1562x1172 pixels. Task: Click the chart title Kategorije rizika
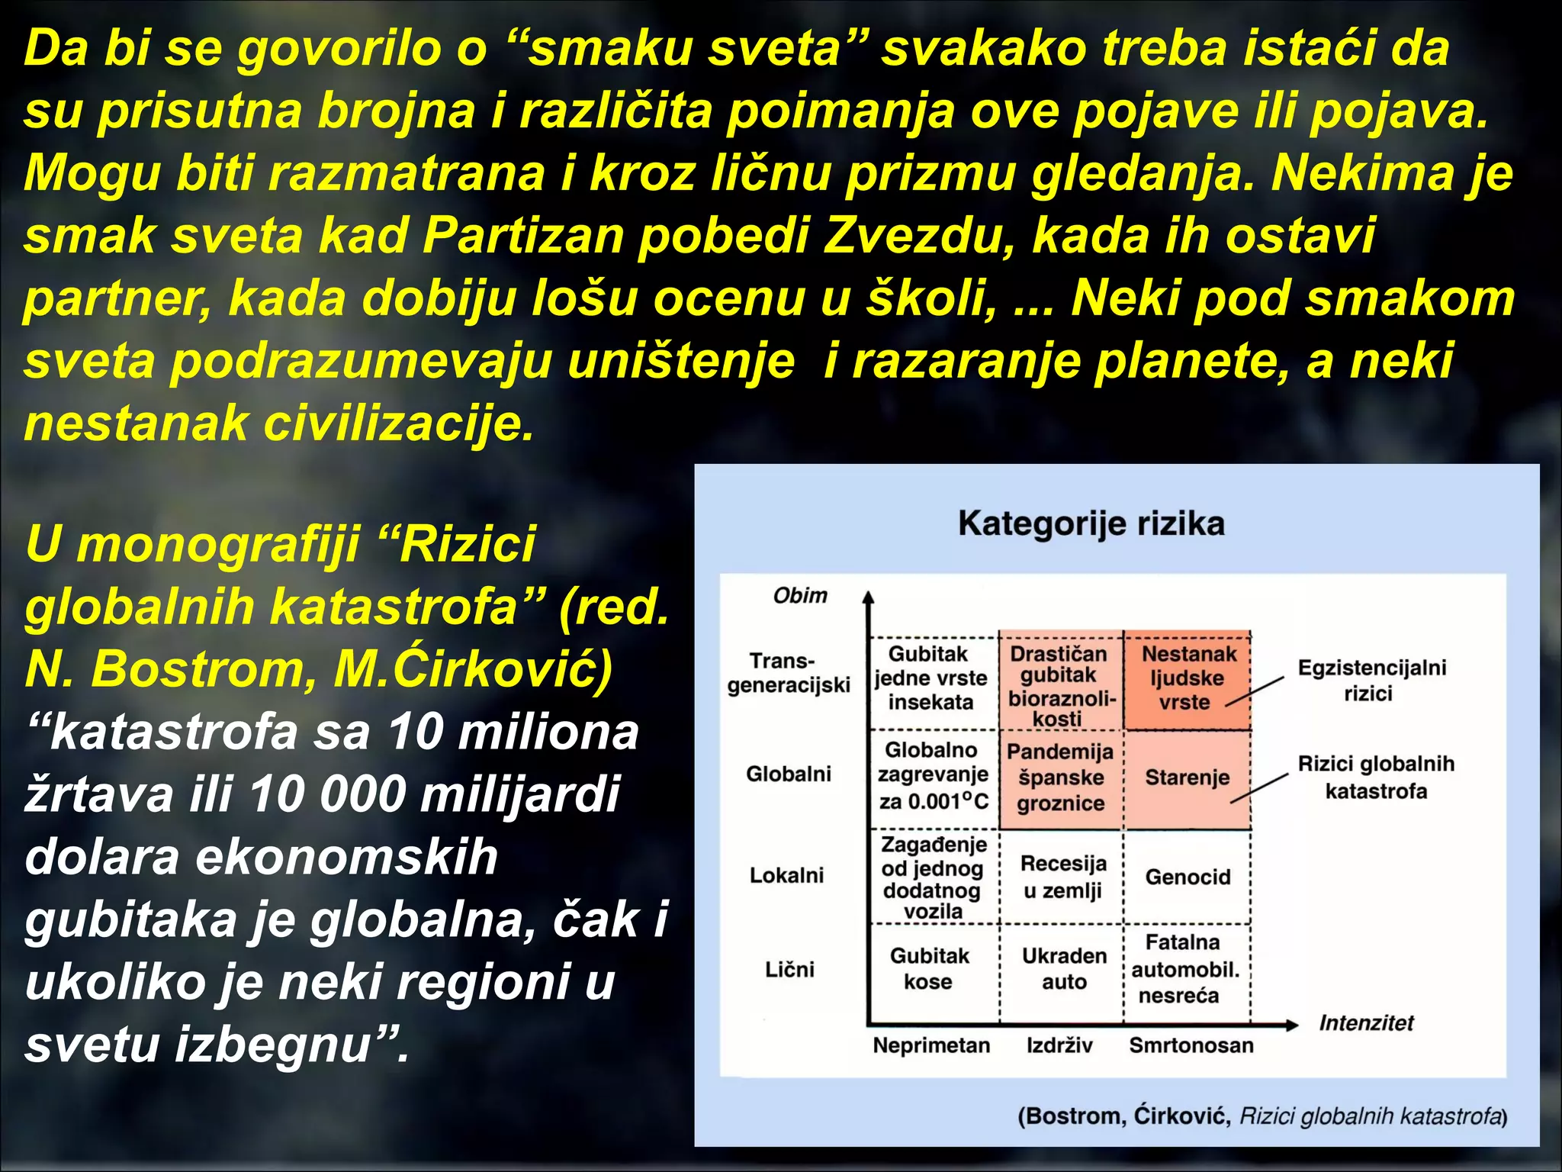pos(1091,524)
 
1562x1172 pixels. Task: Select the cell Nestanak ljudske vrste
pos(1188,678)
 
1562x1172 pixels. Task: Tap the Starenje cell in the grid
pos(1187,778)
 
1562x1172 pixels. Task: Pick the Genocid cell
pos(1188,877)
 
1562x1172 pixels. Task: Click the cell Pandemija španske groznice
pos(1060,778)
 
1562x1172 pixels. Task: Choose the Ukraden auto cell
pos(1064,968)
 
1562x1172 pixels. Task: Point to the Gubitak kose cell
pos(929,968)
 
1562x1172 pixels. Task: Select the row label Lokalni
pos(786,875)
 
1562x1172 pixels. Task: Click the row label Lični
pos(789,970)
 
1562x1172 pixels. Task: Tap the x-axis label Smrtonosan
pos(1191,1045)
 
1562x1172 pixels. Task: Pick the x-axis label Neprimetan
pos(931,1045)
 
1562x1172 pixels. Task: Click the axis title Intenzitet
pos(1366,1023)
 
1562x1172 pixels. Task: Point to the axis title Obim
pos(799,596)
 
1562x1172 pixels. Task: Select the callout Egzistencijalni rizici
pos(1371,681)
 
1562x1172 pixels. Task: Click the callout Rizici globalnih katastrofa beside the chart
pos(1376,778)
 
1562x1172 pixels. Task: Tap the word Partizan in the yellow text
pos(522,235)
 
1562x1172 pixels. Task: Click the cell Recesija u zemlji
pos(1063,877)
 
